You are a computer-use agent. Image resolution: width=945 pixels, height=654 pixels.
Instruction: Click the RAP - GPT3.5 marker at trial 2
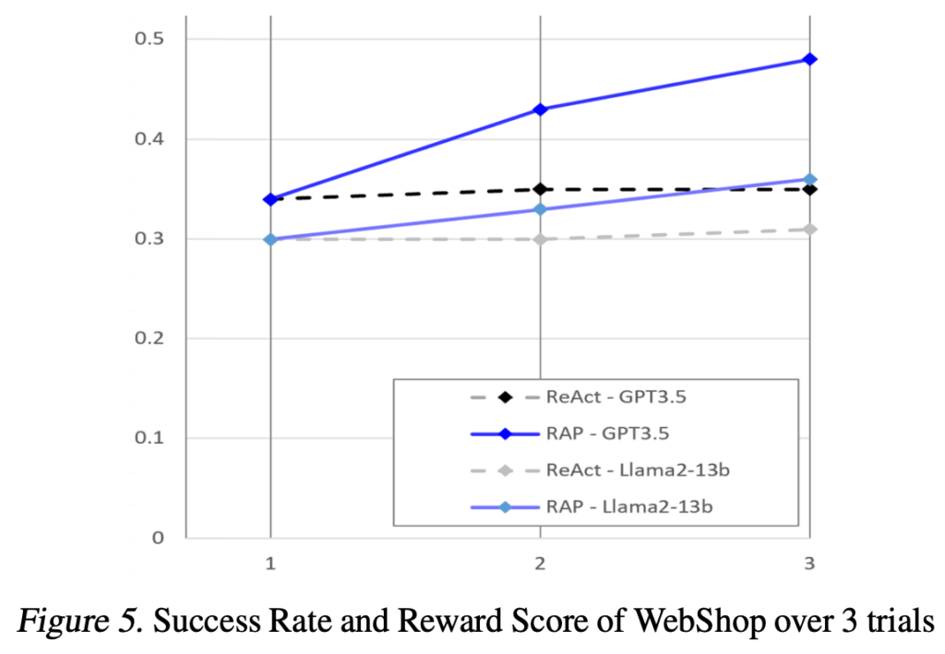click(x=540, y=110)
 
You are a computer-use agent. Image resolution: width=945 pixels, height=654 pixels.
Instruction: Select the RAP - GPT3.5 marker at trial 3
click(x=809, y=59)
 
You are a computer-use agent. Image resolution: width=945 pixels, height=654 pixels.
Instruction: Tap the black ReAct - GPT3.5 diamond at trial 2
click(x=540, y=189)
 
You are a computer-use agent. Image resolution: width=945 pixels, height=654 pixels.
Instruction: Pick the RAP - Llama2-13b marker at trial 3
click(x=809, y=179)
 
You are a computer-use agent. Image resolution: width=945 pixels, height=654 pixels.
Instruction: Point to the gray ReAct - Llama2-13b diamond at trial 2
click(x=540, y=239)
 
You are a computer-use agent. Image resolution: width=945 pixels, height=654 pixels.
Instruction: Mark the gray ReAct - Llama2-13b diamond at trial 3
click(x=809, y=229)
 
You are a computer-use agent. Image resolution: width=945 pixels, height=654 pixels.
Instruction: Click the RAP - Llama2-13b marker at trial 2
click(x=540, y=209)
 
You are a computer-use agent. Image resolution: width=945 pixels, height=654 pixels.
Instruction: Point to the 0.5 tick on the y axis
click(x=148, y=40)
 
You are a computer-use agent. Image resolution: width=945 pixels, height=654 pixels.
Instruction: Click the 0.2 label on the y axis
click(x=148, y=339)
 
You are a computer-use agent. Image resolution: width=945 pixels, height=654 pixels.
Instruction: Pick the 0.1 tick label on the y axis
click(x=148, y=438)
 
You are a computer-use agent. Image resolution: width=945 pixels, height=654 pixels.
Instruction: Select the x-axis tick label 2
click(x=540, y=564)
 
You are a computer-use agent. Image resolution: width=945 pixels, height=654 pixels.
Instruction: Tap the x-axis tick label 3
click(x=809, y=564)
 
